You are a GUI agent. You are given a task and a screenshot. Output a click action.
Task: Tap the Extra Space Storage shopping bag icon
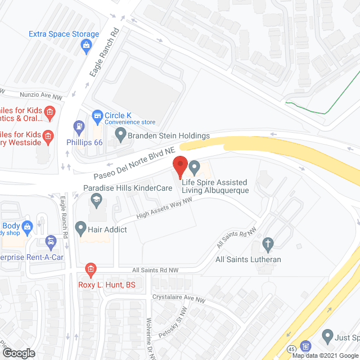[x=87, y=47]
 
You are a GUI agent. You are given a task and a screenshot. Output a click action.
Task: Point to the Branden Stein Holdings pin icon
[x=120, y=135]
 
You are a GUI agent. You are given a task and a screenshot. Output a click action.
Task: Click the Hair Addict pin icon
[x=80, y=229]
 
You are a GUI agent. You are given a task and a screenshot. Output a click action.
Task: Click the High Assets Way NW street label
[x=161, y=211]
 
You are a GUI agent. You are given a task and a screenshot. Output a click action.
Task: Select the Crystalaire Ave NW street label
[x=178, y=298]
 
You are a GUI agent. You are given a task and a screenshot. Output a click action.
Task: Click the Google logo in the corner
[x=19, y=353]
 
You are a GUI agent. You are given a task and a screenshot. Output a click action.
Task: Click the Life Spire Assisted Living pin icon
[x=195, y=167]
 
